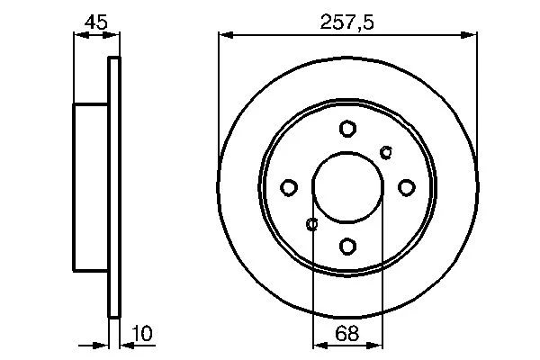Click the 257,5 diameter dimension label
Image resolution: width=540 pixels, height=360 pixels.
(x=346, y=22)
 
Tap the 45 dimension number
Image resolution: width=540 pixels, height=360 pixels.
(x=96, y=22)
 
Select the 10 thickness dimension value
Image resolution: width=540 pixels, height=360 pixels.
(x=142, y=333)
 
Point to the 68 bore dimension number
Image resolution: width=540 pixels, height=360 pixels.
(x=347, y=333)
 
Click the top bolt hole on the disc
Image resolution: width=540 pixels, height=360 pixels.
(x=347, y=129)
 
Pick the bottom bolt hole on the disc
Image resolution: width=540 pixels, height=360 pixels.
(x=347, y=247)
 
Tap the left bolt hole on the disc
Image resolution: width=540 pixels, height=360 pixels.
(x=289, y=188)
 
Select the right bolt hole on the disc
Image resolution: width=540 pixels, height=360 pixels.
(x=407, y=188)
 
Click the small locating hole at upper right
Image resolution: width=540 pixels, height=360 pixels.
(x=386, y=152)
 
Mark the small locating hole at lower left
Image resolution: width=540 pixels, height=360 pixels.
(x=312, y=224)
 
